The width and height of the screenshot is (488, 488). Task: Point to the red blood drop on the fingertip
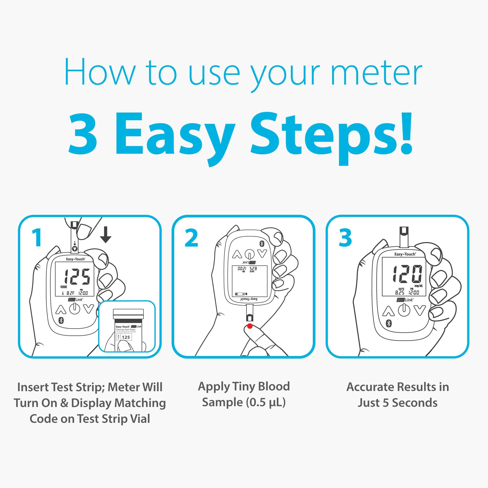[250, 326]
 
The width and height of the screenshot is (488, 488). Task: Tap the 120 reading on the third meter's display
[407, 274]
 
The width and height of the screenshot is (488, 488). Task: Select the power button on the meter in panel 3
[404, 310]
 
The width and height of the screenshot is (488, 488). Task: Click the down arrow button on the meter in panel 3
[419, 310]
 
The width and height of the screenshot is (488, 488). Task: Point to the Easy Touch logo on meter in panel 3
[405, 254]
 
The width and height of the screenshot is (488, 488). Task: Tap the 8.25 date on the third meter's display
[399, 293]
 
